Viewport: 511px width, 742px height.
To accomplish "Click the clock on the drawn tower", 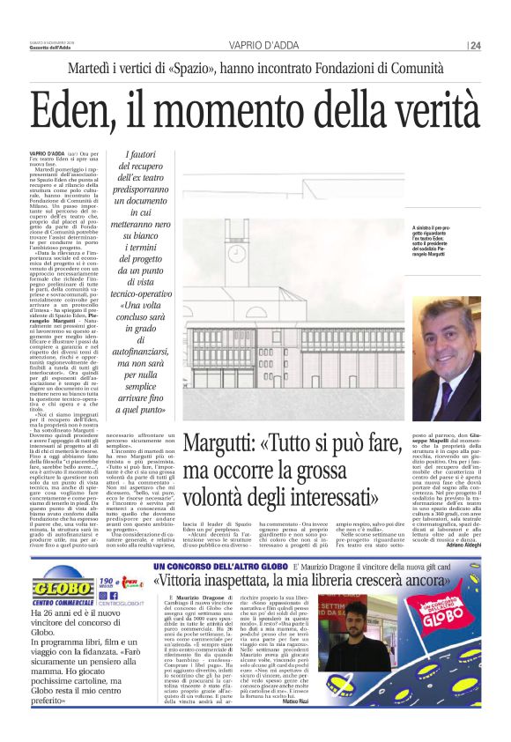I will tap(237, 254).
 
